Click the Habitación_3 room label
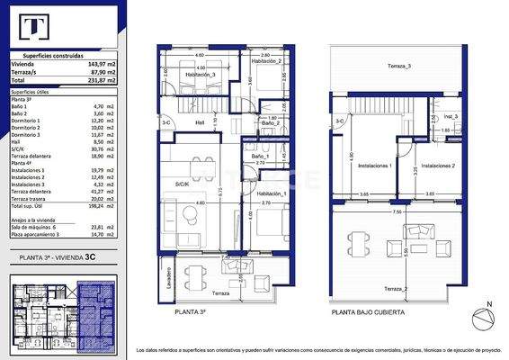[201, 76]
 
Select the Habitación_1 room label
[270, 193]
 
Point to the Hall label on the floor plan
[200, 123]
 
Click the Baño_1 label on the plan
[261, 157]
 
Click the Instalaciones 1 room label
[374, 166]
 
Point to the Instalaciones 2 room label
[438, 166]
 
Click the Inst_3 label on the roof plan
[451, 116]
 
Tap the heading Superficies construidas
[66, 55]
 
